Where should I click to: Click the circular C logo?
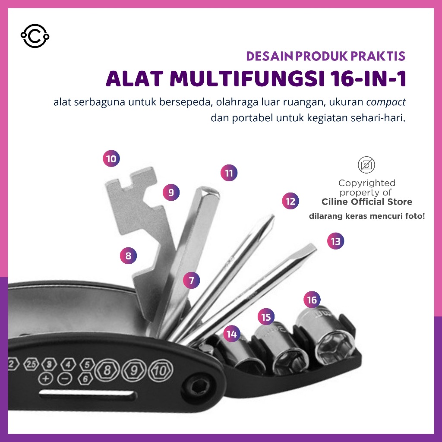pyautogui.click(x=35, y=36)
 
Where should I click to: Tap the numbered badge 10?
pyautogui.click(x=111, y=158)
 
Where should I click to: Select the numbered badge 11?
pyautogui.click(x=229, y=173)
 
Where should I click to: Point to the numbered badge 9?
pyautogui.click(x=171, y=192)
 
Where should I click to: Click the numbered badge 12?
pyautogui.click(x=290, y=201)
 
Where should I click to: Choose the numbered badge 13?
pyautogui.click(x=335, y=241)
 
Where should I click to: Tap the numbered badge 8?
pyautogui.click(x=128, y=256)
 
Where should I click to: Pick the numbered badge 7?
pyautogui.click(x=191, y=280)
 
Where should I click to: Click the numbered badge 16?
pyautogui.click(x=312, y=300)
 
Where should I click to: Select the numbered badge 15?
pyautogui.click(x=266, y=317)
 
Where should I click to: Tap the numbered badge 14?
pyautogui.click(x=232, y=334)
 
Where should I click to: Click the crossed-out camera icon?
pyautogui.click(x=366, y=165)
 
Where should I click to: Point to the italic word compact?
pyautogui.click(x=386, y=102)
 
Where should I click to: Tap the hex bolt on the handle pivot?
pyautogui.click(x=199, y=387)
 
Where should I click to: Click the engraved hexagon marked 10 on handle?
pyautogui.click(x=161, y=370)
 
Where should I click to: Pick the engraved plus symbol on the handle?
pyautogui.click(x=45, y=378)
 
